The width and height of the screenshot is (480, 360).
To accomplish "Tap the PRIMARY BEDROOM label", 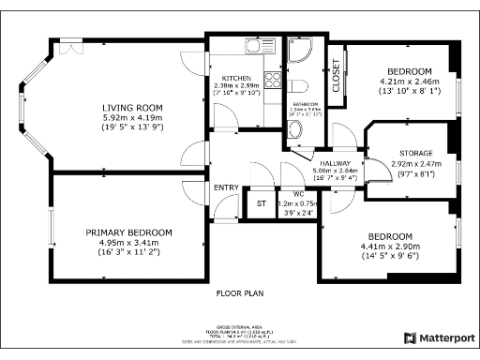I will coord(128,232).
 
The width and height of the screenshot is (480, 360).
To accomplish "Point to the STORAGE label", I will coord(416,153).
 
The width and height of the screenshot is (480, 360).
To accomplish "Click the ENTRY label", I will coord(226,187).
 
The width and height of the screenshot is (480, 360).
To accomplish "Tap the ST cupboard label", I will coord(261,203).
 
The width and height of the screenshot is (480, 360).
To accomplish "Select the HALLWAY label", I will coord(307,161).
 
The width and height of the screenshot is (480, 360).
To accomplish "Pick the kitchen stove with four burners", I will coord(272,82).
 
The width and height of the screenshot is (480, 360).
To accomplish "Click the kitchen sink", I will coord(254,45).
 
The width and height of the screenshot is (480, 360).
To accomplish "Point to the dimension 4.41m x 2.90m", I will coord(389,246).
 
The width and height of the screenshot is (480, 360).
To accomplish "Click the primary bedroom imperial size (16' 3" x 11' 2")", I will coord(128,252).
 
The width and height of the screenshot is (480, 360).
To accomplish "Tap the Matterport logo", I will coord(439,337).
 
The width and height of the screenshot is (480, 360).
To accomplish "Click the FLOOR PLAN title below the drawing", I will coord(239,293).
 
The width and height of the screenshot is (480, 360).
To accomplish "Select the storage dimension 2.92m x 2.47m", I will coord(416,163).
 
